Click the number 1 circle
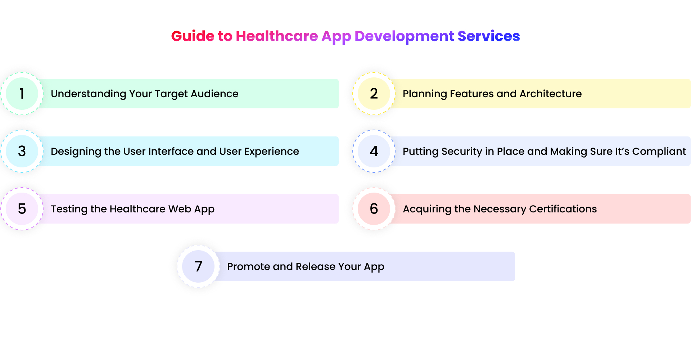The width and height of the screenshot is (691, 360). coord(22,94)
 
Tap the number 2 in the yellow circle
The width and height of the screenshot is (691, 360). coord(374,94)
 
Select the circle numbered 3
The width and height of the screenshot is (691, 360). coord(22,151)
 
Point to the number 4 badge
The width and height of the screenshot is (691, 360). coord(374,151)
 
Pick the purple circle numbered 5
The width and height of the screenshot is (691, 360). coord(22,209)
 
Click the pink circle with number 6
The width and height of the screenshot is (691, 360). coord(374,209)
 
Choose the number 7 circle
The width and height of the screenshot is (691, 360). coord(198,266)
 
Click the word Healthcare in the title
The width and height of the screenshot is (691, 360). coord(277,36)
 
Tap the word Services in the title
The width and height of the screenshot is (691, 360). coord(488,36)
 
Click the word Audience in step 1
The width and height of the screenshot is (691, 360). coord(214,94)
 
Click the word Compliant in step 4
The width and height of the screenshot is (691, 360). coord(659,151)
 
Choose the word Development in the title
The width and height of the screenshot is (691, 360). coord(404,36)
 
